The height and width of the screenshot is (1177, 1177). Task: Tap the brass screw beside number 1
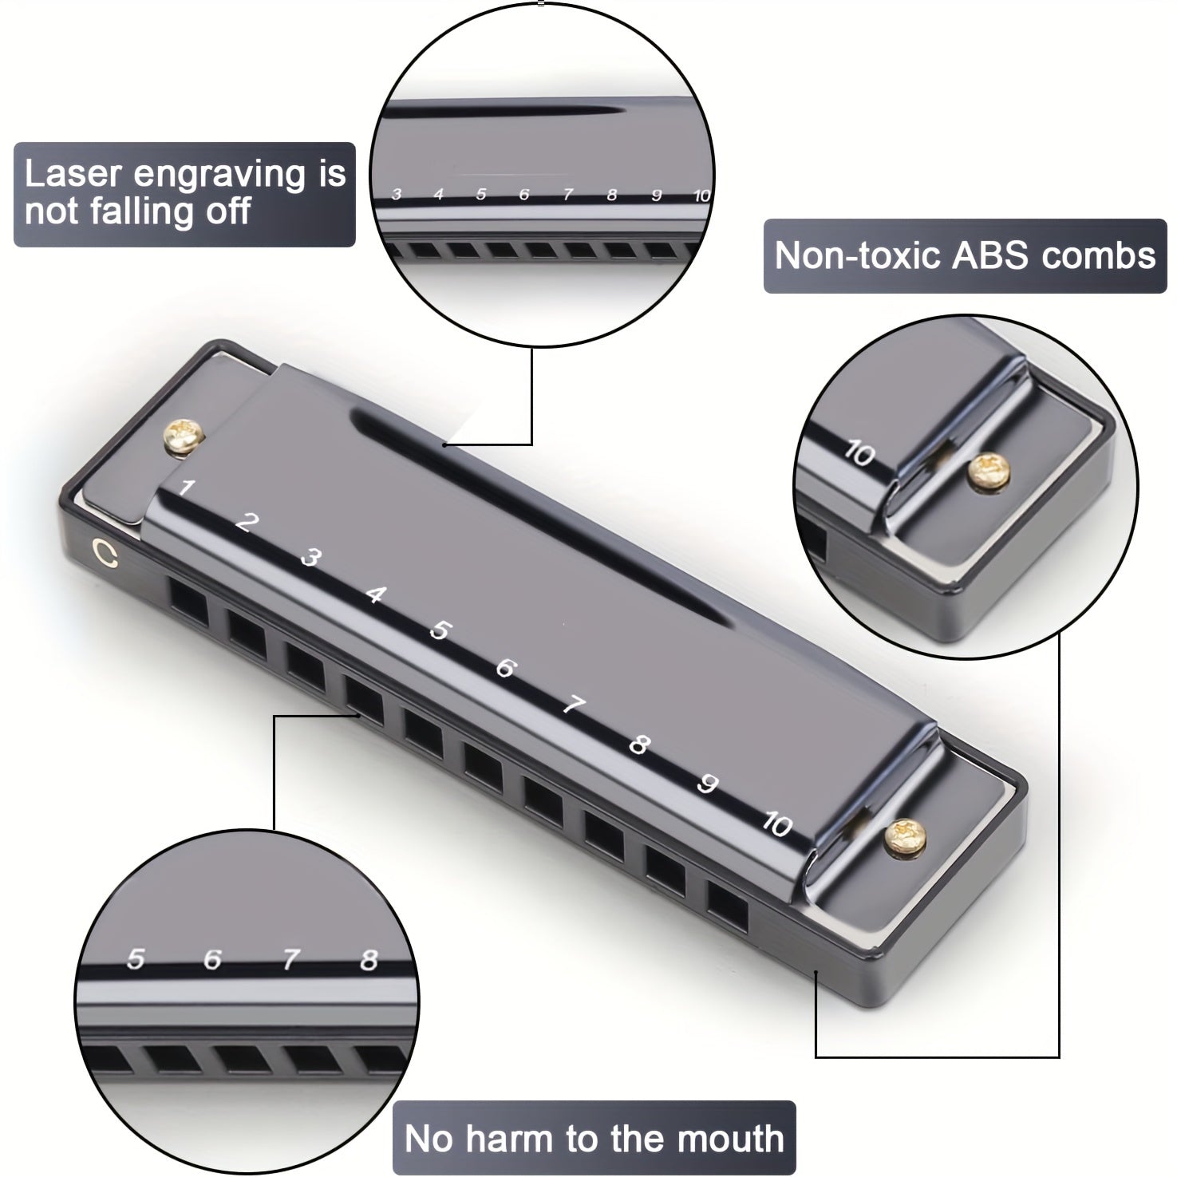pos(187,439)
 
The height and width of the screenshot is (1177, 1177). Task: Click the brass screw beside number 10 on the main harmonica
pos(904,835)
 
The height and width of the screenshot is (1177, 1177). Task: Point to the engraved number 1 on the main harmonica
pos(186,488)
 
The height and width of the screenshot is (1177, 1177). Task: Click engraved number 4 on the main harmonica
pos(375,594)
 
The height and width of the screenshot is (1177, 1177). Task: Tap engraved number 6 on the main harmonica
pos(504,667)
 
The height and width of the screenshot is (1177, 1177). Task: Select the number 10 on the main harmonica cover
pos(776,823)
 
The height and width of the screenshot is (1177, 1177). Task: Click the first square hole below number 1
pos(189,603)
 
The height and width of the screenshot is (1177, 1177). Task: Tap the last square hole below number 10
pos(727,906)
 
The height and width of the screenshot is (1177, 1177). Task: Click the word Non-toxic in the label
pos(858,255)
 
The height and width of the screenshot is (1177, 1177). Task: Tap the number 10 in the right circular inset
pos(860,455)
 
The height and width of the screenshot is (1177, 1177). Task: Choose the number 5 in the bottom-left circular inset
pos(136,958)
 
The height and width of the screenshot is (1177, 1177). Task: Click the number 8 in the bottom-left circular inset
pos(368,960)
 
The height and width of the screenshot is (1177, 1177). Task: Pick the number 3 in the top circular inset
pos(396,195)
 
